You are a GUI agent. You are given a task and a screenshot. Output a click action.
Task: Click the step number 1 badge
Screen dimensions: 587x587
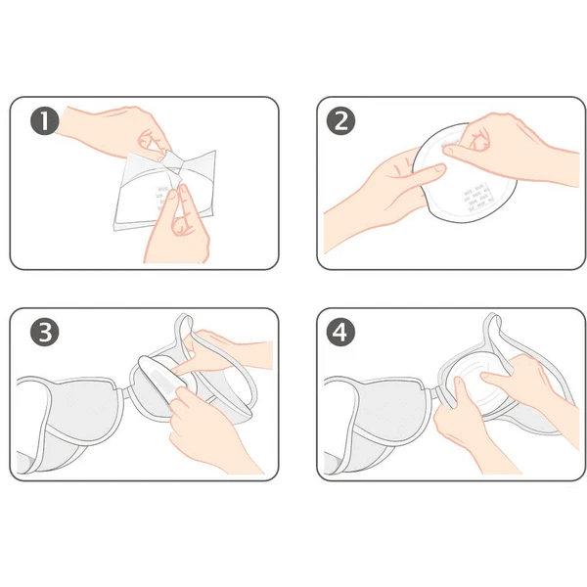45,121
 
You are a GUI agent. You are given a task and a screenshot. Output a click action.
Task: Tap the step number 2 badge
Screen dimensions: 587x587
340,121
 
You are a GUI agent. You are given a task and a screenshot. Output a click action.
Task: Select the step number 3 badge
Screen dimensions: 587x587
45,332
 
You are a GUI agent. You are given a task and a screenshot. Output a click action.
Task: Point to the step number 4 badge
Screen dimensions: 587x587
340,332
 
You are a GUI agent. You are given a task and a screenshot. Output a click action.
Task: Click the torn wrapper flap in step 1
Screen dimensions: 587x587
170,161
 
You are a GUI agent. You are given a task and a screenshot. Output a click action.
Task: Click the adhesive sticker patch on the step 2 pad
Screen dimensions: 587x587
476,198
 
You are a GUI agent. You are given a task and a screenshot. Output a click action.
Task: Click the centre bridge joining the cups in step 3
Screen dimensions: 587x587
126,393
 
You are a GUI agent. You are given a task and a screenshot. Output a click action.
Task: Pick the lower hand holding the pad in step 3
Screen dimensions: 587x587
209,430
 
